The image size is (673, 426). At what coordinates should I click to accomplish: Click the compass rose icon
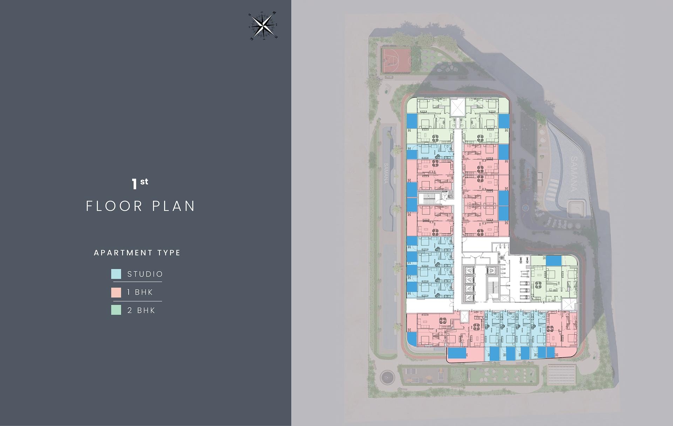pos(263,26)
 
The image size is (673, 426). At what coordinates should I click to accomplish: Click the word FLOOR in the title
pos(114,206)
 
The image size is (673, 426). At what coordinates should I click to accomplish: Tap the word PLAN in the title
pos(174,206)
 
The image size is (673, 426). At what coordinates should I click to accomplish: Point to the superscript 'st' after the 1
pos(144,181)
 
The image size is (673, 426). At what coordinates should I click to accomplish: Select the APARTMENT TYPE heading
pos(137,253)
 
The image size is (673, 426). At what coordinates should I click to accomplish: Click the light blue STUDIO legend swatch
pos(116,274)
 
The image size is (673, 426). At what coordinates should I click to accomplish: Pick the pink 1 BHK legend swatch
pos(116,292)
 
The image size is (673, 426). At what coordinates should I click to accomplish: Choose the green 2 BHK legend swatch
pos(116,310)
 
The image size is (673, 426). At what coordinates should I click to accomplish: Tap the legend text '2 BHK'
pos(141,310)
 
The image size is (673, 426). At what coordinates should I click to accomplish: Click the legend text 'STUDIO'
pos(145,274)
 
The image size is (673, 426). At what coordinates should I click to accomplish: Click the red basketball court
pos(396,60)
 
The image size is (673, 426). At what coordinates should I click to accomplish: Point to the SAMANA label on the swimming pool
pos(573,174)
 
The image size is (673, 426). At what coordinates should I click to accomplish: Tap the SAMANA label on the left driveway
pos(386,173)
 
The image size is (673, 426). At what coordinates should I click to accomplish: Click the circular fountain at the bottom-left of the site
pos(387,377)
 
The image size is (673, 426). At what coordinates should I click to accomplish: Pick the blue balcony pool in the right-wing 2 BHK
pos(553,261)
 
